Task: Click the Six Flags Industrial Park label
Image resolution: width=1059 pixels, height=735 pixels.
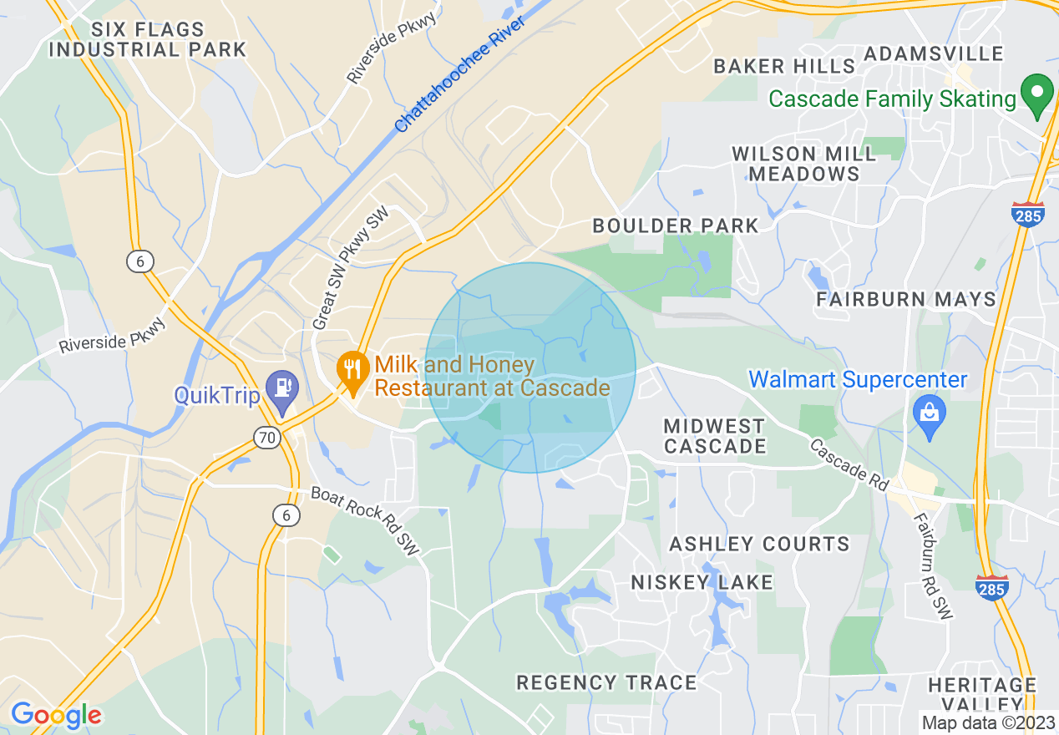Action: point(147,39)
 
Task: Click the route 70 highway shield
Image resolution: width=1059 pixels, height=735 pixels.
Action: point(267,436)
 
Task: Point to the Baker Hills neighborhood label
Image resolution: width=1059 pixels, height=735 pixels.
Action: point(784,66)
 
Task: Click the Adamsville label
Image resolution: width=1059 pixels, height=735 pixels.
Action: point(933,54)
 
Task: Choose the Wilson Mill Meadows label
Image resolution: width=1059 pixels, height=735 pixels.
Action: point(803,164)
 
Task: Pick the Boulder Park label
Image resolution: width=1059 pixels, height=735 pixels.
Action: point(675,226)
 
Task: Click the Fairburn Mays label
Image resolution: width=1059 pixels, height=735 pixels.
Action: point(906,299)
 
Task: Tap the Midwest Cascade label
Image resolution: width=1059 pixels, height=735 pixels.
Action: point(714,436)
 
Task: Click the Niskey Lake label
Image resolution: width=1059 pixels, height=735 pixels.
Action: point(702,582)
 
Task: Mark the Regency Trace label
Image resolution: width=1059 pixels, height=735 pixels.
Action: point(606,683)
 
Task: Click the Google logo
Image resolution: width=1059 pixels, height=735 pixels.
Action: point(56,715)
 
